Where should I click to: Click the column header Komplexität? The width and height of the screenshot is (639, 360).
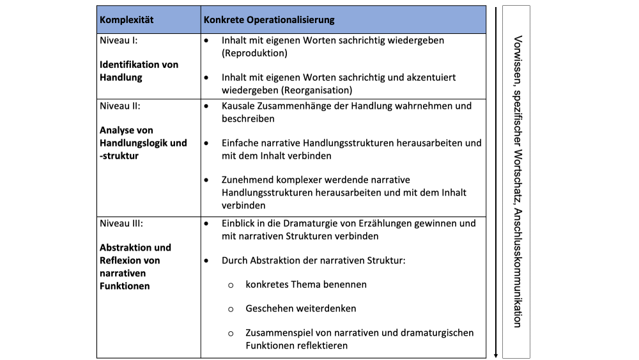127,20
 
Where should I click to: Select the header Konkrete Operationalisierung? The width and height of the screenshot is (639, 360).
269,20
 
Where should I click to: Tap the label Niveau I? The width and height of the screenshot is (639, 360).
119,40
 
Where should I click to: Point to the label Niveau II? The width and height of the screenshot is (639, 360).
120,106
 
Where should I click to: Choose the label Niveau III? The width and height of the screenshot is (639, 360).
121,224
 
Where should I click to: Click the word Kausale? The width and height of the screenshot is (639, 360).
239,106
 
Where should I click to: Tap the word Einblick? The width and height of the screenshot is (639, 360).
240,224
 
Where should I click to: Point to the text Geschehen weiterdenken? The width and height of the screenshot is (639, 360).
300,308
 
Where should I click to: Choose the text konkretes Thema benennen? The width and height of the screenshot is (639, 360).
305,284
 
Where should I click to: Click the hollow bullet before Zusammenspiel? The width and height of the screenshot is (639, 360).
231,333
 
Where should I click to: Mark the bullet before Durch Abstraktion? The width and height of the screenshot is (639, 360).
206,261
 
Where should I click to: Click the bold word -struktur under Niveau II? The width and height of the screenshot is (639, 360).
119,155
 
